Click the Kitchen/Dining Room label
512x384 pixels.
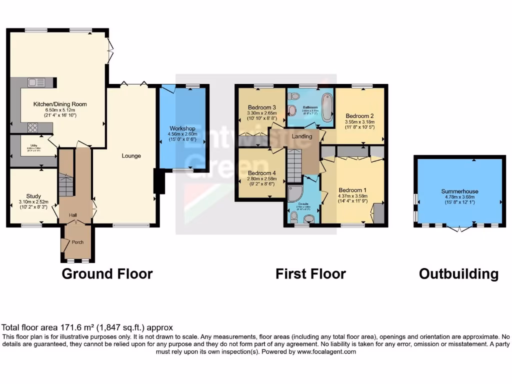tap(60, 104)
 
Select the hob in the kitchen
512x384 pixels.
tap(33, 127)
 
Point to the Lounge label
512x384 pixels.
tap(131, 156)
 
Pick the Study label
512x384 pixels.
tap(34, 196)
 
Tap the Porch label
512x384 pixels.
tap(77, 242)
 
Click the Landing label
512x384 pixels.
tap(301, 136)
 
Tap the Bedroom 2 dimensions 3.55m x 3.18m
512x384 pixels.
tap(359, 121)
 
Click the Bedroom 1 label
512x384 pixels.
tap(352, 190)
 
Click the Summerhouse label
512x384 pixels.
tap(459, 191)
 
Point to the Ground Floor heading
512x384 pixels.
tap(107, 273)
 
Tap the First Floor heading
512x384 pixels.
tap(310, 273)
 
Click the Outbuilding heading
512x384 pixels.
tap(458, 273)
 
